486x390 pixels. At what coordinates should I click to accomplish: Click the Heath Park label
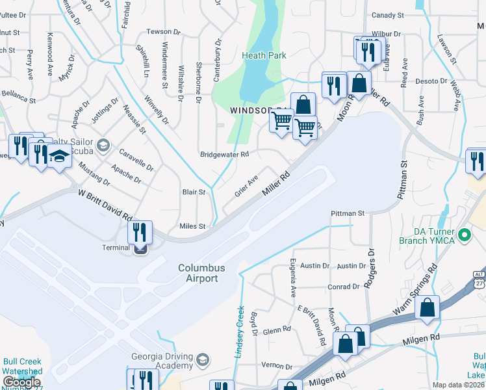point(264,56)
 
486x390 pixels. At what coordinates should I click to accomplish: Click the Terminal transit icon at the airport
point(140,247)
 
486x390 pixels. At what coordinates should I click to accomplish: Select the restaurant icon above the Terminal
point(140,231)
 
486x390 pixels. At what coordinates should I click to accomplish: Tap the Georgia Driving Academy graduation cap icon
point(203,360)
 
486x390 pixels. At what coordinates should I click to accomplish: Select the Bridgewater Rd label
point(225,155)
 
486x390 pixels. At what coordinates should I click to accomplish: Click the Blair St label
point(194,192)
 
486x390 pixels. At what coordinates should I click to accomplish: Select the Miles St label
point(192,226)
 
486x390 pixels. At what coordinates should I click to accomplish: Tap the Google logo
point(21,382)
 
